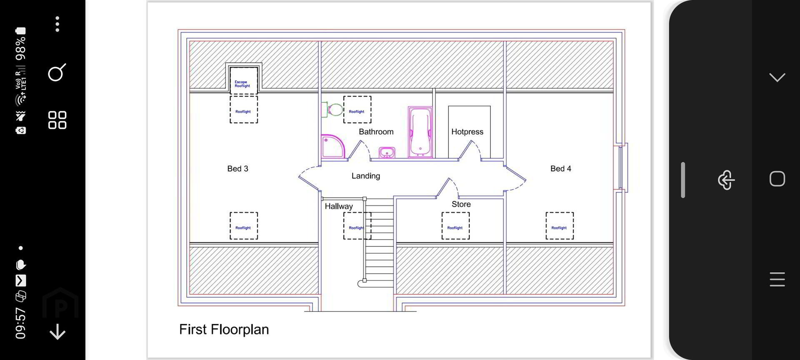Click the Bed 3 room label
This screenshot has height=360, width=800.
pos(237,169)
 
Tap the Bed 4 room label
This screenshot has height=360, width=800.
pos(560,169)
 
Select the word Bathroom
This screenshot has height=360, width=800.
pos(376,132)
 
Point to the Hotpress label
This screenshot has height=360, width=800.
pos(467,132)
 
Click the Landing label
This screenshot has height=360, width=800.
pos(365,176)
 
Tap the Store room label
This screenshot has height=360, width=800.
pos(461,204)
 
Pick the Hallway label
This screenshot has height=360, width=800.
pos(338,206)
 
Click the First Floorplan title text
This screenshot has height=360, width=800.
pos(224,330)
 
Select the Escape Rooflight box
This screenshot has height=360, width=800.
pos(243,80)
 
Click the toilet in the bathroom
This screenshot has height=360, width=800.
pos(332,110)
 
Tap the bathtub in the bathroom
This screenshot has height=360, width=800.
pos(420,132)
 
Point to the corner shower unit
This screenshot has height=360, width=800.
pos(332,146)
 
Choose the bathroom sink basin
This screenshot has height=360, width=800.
pos(387,152)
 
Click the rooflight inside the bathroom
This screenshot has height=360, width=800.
pos(357,110)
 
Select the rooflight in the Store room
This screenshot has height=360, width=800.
pos(455,226)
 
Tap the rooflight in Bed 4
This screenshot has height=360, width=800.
pos(560,226)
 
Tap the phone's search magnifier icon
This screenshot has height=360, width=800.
pos(57,73)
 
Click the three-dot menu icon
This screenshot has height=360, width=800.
pos(57,24)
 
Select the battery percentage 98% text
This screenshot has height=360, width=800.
pos(20,48)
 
